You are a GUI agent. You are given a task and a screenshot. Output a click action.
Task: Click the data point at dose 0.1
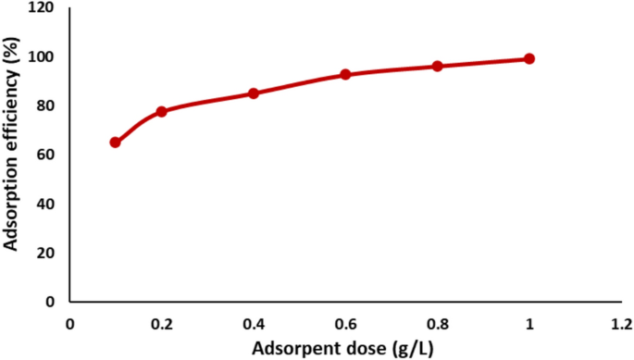116,143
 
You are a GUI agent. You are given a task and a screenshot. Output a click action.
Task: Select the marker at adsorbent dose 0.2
161,111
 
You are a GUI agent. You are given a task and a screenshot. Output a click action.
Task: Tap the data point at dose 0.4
254,93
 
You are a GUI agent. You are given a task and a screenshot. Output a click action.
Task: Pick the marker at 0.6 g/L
345,74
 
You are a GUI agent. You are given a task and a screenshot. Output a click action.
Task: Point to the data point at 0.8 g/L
437,66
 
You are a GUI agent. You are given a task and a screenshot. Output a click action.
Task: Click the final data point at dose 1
529,58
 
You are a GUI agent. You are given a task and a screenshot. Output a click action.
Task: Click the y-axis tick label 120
43,8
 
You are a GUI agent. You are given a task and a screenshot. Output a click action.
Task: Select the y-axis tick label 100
43,57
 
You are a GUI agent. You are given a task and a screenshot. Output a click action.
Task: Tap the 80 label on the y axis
46,106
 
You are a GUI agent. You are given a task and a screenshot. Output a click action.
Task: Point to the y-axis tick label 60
46,155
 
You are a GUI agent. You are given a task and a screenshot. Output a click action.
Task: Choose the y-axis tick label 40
46,204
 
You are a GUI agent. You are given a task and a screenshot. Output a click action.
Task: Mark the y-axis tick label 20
46,253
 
